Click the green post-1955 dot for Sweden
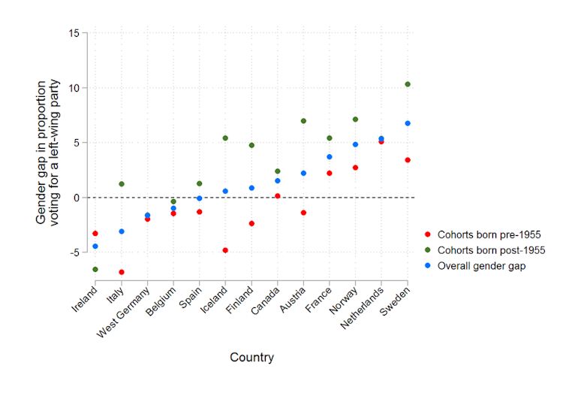(408, 84)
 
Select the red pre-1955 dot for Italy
(122, 272)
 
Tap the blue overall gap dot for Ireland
(95, 246)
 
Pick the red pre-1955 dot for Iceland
(225, 250)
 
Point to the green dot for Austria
(303, 121)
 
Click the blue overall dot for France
(330, 157)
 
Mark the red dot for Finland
(251, 224)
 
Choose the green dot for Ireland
(95, 269)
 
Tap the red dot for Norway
(356, 168)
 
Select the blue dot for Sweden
(408, 123)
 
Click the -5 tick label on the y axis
(74, 252)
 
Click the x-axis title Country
(251, 358)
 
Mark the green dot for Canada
(278, 171)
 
